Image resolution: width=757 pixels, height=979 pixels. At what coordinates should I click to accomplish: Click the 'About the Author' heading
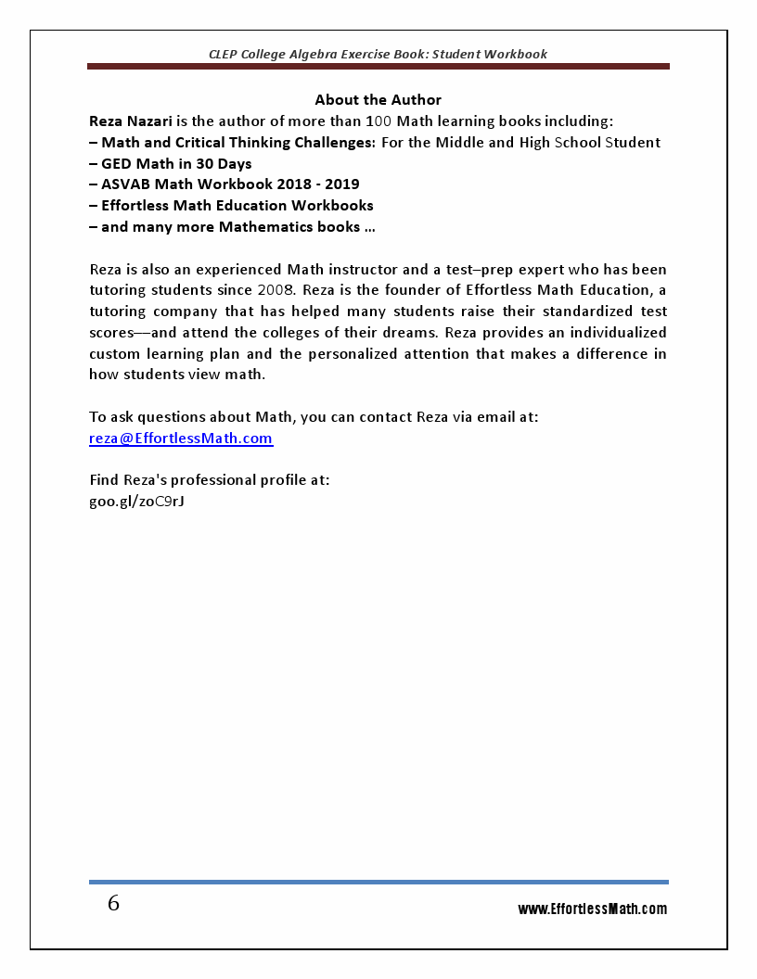click(378, 100)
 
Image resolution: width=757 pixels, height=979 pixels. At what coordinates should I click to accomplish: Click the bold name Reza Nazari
click(125, 121)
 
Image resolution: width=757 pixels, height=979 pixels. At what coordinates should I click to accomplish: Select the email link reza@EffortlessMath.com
click(181, 439)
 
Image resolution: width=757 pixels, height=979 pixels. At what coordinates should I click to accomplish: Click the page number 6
click(113, 904)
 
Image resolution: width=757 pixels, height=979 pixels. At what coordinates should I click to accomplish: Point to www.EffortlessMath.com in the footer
click(592, 909)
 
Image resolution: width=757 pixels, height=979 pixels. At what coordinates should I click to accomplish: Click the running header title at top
click(378, 54)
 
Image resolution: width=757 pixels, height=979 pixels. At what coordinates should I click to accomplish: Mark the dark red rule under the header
click(378, 67)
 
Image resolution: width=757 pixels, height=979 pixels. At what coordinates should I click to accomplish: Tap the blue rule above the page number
click(378, 882)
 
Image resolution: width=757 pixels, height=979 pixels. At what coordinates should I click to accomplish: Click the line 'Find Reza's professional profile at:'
click(210, 480)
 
